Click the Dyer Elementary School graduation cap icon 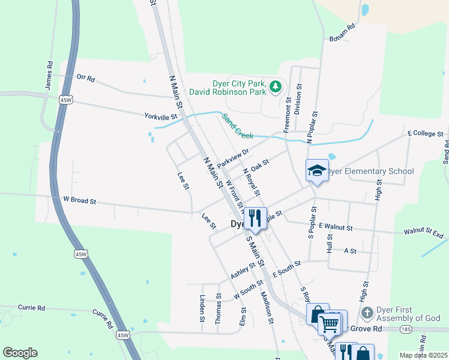[317, 170]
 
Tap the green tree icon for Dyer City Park [276, 88]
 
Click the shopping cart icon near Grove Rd [329, 324]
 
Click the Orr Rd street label [86, 78]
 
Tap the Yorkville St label [161, 116]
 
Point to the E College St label [425, 133]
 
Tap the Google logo [20, 353]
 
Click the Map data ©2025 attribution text [424, 355]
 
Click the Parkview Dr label [233, 158]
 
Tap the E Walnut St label [336, 227]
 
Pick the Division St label [298, 99]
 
